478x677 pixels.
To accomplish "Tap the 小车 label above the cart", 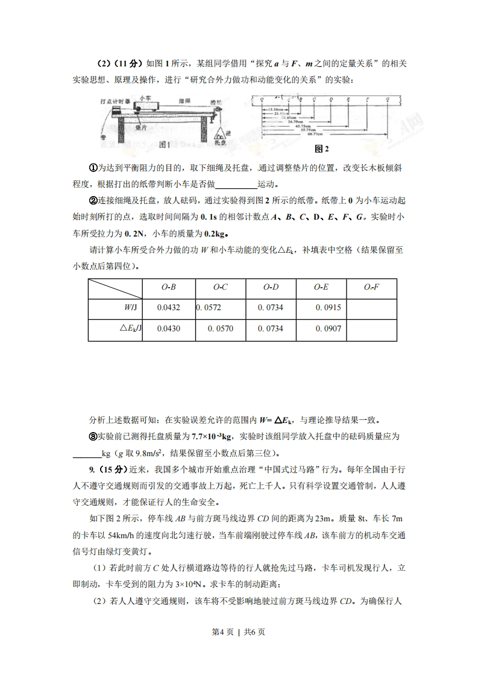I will (145, 98).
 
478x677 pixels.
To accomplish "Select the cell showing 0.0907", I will (329, 329).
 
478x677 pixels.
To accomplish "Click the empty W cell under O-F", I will (371, 308).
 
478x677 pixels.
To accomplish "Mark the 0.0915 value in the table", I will (329, 308).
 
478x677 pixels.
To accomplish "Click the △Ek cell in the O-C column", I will (220, 329).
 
